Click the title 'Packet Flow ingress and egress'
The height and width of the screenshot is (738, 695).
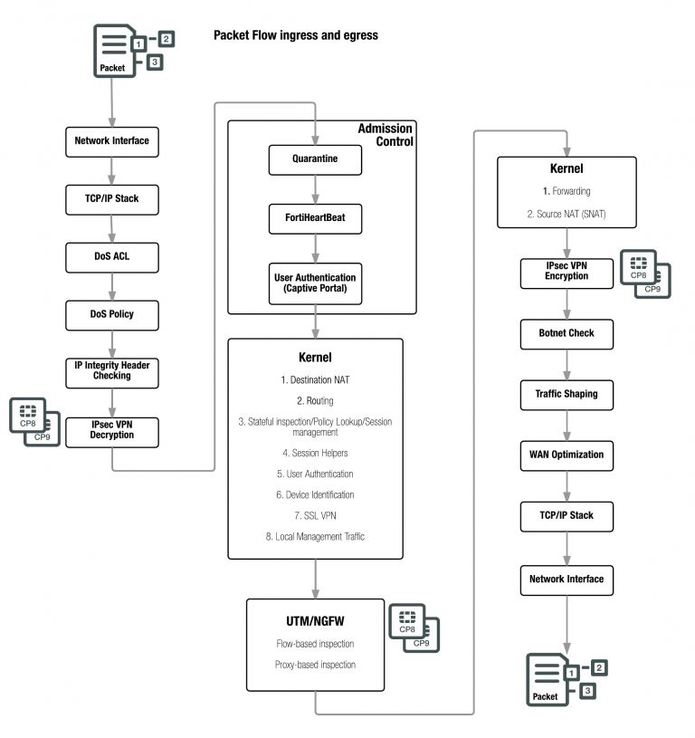(295, 35)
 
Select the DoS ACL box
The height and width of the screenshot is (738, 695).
(112, 257)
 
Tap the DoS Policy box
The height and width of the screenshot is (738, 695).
(112, 314)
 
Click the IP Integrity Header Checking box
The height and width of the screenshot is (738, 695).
(112, 369)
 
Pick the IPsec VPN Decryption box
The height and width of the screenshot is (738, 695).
(112, 429)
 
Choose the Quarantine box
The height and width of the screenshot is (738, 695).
(315, 160)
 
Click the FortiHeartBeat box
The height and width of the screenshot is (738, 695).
(315, 218)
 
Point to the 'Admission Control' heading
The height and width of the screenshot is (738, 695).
(385, 135)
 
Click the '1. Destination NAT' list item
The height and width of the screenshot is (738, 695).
(315, 379)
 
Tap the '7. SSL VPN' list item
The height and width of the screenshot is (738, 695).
(315, 515)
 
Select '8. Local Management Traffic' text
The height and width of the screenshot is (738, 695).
(315, 537)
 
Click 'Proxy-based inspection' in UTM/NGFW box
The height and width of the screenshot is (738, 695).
(315, 665)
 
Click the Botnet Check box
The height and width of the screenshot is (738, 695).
(566, 333)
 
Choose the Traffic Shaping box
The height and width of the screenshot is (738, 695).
(566, 394)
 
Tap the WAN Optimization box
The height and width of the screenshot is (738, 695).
(566, 455)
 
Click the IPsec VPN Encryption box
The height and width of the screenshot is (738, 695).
(566, 272)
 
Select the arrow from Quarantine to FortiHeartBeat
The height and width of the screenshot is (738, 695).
(315, 189)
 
